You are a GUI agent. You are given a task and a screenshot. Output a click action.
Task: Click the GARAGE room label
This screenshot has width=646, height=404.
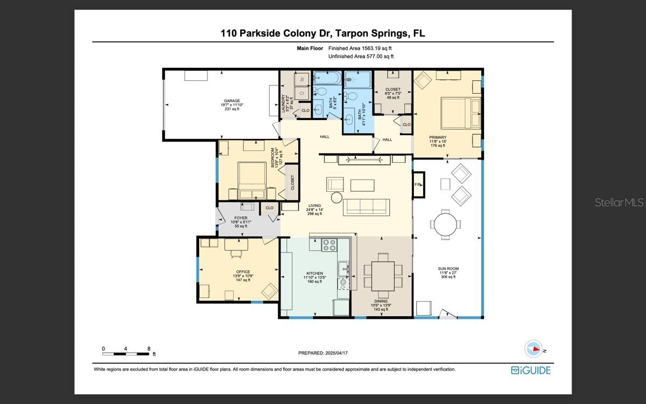click(x=232, y=101)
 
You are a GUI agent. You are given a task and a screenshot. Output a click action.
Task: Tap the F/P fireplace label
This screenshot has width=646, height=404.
click(x=418, y=185)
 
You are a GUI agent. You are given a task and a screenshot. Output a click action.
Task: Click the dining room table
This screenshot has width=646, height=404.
click(x=383, y=276)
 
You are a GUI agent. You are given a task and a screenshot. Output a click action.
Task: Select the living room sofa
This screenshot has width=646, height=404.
click(x=366, y=207)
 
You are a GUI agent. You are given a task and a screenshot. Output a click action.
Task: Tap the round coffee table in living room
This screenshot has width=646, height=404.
click(x=336, y=198)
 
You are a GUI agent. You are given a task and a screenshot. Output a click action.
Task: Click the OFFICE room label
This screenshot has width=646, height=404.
click(x=243, y=271)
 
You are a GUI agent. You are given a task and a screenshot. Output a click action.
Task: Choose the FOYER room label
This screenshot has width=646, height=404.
click(x=241, y=218)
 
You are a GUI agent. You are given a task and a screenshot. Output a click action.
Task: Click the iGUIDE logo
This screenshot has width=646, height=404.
click(x=531, y=370)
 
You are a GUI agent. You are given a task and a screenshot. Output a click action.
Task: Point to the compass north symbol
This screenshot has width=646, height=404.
click(x=533, y=349)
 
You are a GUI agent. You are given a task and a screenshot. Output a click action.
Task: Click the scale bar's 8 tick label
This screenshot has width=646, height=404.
click(x=149, y=349)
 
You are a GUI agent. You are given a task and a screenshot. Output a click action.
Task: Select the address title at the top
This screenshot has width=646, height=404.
click(x=322, y=33)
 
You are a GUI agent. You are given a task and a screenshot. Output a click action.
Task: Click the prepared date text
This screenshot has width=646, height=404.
click(x=324, y=353)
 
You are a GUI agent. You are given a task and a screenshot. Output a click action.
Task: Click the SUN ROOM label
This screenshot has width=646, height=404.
click(x=449, y=268)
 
